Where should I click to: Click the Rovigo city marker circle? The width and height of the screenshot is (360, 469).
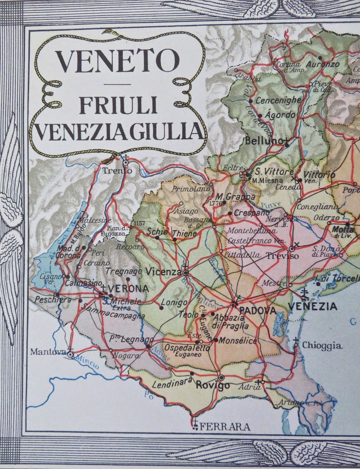(222, 377)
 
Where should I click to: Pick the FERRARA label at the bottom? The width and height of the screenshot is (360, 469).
(225, 426)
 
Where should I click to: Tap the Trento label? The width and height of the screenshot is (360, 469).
(117, 170)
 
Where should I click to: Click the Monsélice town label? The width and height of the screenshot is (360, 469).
(238, 341)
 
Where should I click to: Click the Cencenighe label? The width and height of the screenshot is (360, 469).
(278, 100)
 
